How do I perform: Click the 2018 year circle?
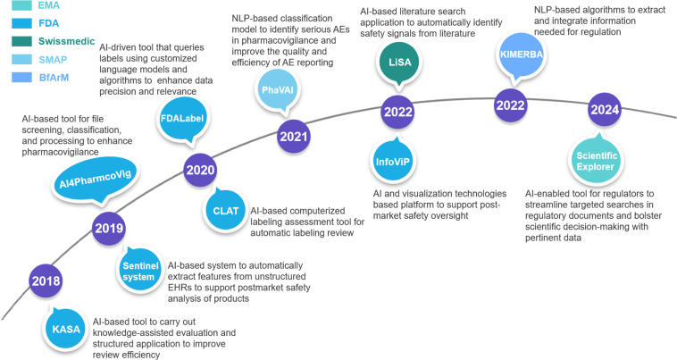click(45, 281)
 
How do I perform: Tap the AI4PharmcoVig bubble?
click(84, 184)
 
